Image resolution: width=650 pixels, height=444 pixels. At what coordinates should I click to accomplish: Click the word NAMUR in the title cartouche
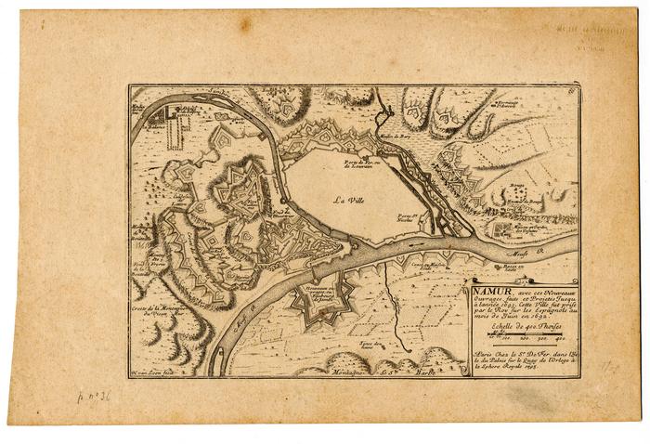487,288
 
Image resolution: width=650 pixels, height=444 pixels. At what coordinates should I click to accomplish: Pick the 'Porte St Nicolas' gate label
426,217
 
